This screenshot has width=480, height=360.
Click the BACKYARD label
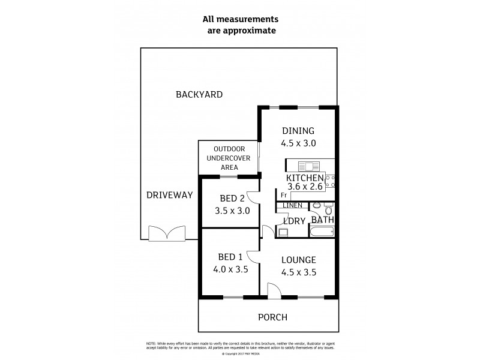tap(199, 94)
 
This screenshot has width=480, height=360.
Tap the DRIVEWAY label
tap(170, 195)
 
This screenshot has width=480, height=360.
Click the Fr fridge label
tap(283, 196)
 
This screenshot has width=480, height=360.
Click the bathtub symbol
tap(322, 233)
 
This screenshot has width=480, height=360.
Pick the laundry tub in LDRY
tap(284, 233)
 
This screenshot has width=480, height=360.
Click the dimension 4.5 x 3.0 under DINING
tap(298, 143)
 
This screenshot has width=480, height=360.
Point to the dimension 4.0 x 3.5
tap(230, 270)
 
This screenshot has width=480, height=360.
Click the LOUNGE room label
tap(298, 260)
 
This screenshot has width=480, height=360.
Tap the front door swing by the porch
tap(273, 292)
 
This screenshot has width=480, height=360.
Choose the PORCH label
tap(272, 317)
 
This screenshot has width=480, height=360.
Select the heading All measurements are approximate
tap(239, 25)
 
